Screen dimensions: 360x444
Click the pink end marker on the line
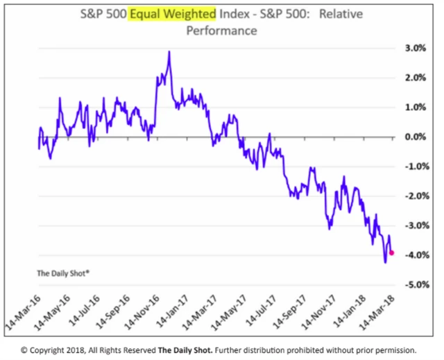(x=392, y=252)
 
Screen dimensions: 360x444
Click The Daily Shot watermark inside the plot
(x=63, y=273)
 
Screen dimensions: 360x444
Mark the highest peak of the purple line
(x=169, y=51)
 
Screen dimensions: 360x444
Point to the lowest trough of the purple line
(x=385, y=262)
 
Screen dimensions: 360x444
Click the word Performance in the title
(x=221, y=31)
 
